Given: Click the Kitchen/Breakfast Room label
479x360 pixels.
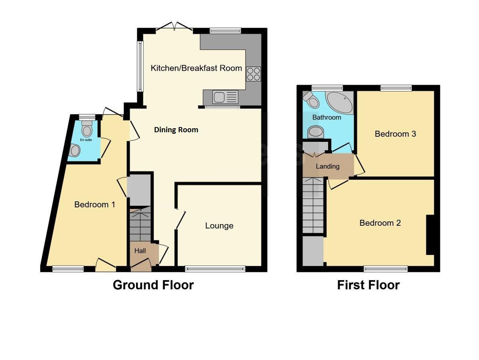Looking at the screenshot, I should coord(196,68).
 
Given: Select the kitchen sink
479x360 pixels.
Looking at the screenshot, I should coord(225,97).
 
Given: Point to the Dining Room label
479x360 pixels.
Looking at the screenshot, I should coord(176,130).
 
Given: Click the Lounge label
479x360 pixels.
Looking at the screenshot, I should coord(219,226).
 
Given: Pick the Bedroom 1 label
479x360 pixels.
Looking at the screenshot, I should coord(95,205).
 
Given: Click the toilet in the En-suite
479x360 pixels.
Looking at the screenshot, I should coord(87,130).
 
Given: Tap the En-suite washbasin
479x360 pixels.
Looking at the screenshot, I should coord(75,151).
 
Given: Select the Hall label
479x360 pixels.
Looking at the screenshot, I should coord(140,251).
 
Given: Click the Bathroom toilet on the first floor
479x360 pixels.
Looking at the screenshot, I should coord(311,99).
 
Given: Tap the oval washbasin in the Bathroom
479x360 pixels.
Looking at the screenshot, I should coord(317,132).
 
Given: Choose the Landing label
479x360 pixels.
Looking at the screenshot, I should coord(327,166).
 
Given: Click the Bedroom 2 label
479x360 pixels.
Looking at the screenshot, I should coord(380,223).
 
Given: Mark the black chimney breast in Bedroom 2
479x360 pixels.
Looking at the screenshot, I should coord(430,235).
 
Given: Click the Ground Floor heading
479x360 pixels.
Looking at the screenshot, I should coord(153,285).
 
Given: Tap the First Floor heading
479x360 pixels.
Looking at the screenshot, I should coord(368,285).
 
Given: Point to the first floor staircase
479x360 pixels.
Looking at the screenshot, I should coord(314,206).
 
